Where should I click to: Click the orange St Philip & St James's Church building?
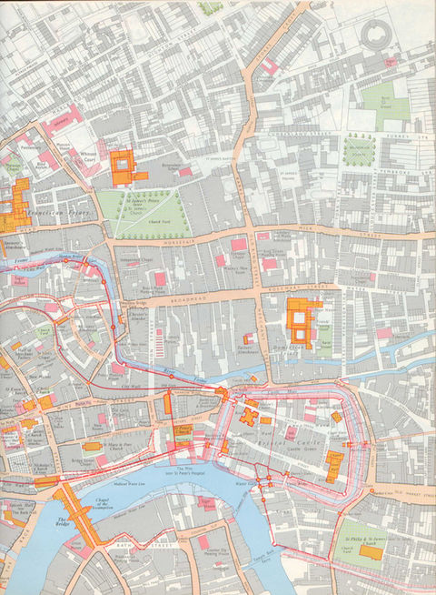(x=370, y=550)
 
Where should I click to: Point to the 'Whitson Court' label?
(x=86, y=156)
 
